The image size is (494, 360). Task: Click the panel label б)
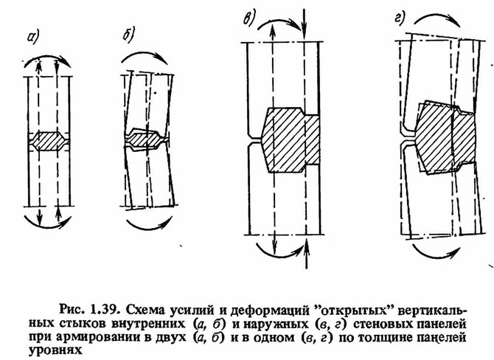click(x=128, y=34)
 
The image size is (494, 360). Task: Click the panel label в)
click(x=249, y=18)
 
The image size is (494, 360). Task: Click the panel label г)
click(x=399, y=18)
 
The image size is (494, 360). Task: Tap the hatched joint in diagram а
click(x=49, y=141)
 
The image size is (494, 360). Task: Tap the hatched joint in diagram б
click(x=145, y=140)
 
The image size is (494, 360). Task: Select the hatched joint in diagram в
click(x=289, y=139)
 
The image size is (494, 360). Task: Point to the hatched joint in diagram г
click(x=446, y=137)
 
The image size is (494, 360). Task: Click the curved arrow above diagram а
click(x=47, y=58)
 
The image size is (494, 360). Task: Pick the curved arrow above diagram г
click(x=437, y=16)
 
